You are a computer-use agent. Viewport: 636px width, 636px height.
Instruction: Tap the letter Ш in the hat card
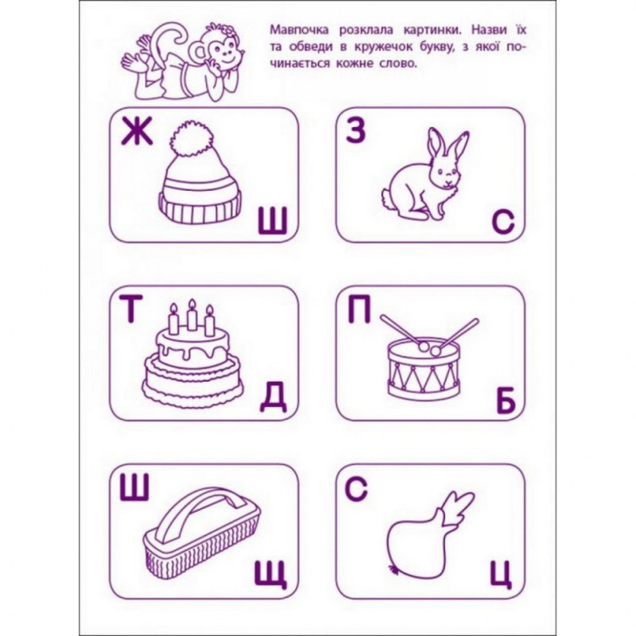pos(273,224)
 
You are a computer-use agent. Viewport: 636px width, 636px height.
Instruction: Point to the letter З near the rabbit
pos(355,132)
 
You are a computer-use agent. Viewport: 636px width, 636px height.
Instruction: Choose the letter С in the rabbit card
pos(502,224)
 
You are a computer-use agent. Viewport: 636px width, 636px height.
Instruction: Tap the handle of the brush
pos(196,509)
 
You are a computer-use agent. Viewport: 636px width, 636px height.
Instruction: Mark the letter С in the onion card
pos(355,490)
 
